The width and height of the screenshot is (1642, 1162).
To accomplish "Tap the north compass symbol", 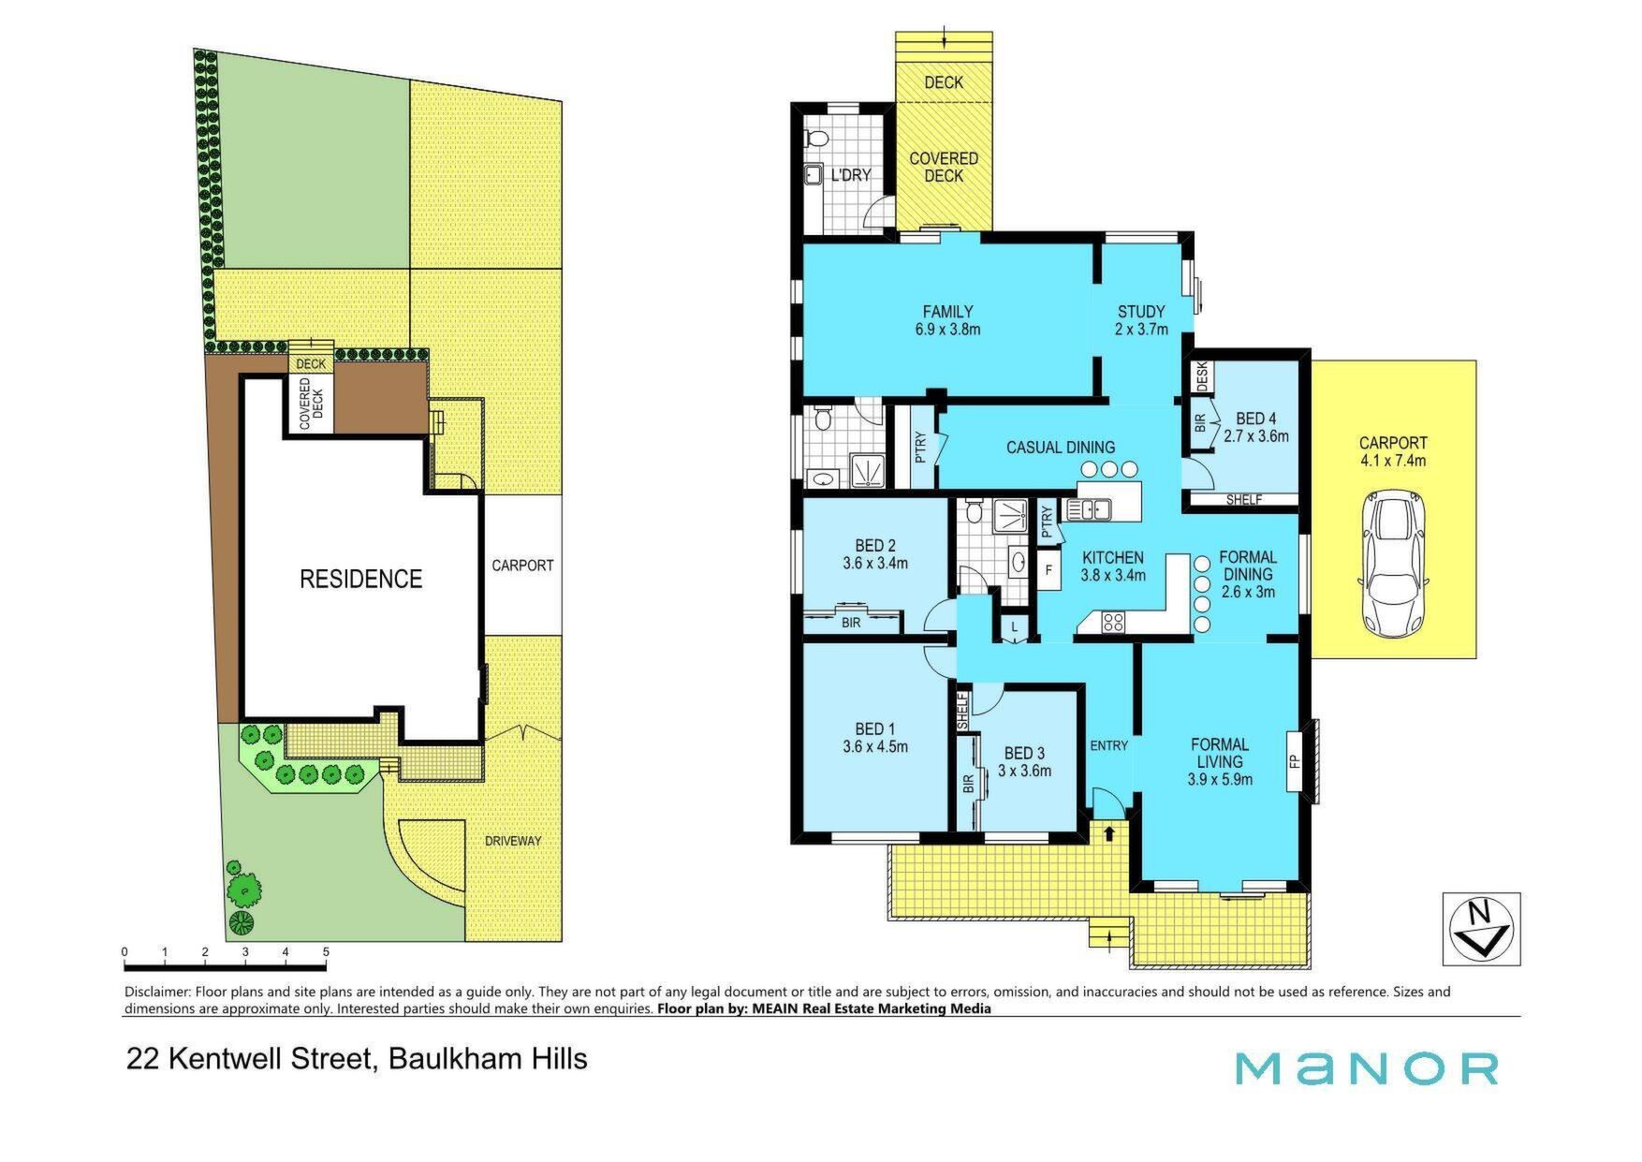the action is click(x=1480, y=929).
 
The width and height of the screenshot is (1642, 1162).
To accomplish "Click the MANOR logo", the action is click(x=1367, y=1068).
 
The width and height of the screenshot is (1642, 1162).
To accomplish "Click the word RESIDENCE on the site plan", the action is click(x=361, y=579).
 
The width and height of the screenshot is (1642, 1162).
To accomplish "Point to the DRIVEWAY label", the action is click(x=513, y=841).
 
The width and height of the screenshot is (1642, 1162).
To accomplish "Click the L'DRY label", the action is click(x=851, y=175).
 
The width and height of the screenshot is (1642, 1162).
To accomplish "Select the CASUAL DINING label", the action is click(x=1061, y=448).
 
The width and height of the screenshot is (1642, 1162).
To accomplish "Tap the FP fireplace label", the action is click(x=1296, y=761).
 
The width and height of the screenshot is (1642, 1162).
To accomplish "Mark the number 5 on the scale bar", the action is click(x=326, y=952).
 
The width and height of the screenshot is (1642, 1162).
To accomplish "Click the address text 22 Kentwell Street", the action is click(x=251, y=1059).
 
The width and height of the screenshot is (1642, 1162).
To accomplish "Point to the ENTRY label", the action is click(x=1109, y=745).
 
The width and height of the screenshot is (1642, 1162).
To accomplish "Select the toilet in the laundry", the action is click(x=817, y=140).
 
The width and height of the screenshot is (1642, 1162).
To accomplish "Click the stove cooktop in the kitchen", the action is click(x=1112, y=623).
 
